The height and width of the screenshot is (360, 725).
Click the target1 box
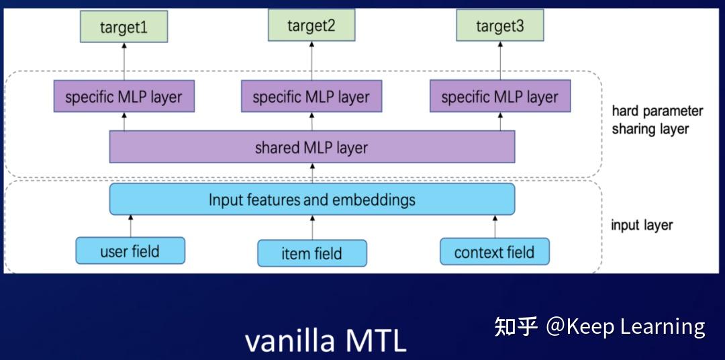tap(124, 28)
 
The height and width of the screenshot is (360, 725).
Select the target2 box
tap(311, 26)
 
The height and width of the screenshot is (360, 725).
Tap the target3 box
tap(499, 26)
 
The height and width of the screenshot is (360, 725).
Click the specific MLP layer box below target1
tap(124, 97)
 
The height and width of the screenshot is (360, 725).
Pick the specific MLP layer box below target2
tap(311, 97)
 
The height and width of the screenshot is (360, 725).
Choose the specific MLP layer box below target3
tap(499, 97)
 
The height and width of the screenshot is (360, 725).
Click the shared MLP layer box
tap(311, 147)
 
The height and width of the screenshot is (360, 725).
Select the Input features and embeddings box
tap(311, 199)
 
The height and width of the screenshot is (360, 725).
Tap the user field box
tap(130, 251)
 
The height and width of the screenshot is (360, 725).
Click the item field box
tap(311, 253)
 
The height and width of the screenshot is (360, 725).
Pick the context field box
tap(495, 252)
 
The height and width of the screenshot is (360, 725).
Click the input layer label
tap(641, 225)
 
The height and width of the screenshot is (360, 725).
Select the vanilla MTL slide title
tap(326, 341)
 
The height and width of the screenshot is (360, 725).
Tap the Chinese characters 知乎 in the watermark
tap(516, 326)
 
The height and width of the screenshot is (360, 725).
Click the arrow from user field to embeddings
tap(130, 226)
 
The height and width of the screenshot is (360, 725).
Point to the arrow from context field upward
tap(495, 226)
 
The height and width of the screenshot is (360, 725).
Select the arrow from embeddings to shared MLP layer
tap(311, 173)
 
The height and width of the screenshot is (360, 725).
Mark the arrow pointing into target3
tap(499, 61)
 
